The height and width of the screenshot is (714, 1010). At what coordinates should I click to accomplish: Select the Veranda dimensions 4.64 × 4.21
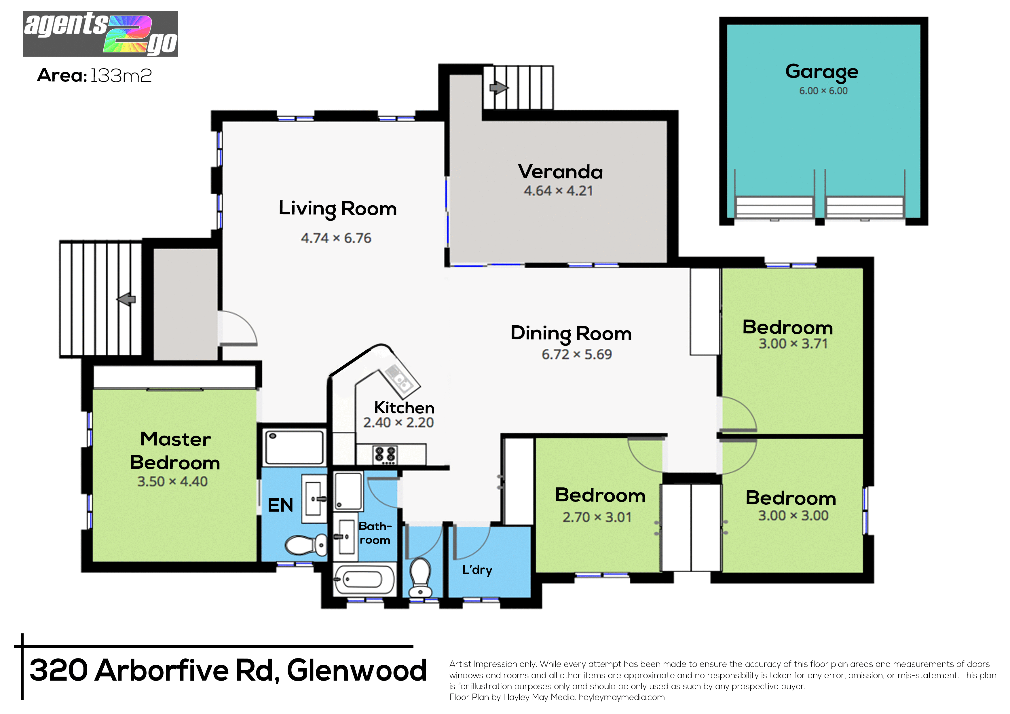(x=558, y=191)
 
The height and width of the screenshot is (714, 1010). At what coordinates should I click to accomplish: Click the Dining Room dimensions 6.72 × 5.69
(x=577, y=354)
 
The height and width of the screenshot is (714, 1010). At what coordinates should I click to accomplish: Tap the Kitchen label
(x=404, y=408)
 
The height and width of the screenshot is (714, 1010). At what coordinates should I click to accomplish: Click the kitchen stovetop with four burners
(x=385, y=455)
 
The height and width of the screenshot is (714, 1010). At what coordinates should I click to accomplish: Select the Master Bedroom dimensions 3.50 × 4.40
(x=172, y=482)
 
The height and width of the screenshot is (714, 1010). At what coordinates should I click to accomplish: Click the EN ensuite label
(x=280, y=505)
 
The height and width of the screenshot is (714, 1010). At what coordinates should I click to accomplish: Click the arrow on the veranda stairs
(x=499, y=88)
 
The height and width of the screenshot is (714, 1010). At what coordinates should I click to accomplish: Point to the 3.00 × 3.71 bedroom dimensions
(x=793, y=343)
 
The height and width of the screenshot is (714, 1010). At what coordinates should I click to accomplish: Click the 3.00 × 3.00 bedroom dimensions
(x=793, y=516)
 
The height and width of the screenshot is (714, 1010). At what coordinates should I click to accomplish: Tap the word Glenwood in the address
(x=357, y=671)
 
